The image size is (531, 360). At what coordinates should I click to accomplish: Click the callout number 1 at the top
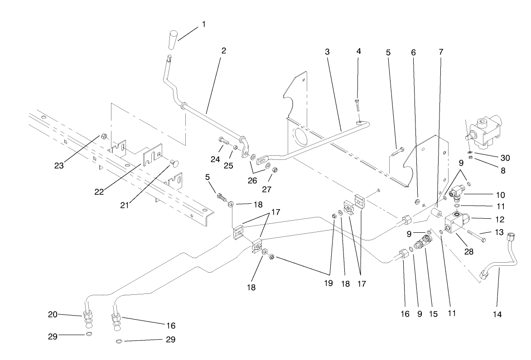[203, 24]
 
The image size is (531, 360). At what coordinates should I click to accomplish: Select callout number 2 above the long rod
[223, 51]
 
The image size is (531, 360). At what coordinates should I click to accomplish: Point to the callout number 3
[327, 51]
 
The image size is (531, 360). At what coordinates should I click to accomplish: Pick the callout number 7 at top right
[441, 51]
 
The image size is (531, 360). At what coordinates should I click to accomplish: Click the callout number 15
[433, 313]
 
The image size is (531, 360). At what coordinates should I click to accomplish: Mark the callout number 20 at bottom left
[53, 314]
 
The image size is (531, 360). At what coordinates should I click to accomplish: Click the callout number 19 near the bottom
[328, 283]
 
